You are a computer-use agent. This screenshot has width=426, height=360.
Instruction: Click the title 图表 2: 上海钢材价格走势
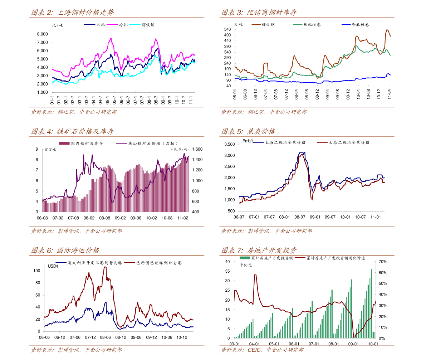[x=73, y=13]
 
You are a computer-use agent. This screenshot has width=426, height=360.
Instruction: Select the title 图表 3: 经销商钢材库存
[x=259, y=13]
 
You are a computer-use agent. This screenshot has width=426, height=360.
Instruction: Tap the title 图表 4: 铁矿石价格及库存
[x=73, y=131]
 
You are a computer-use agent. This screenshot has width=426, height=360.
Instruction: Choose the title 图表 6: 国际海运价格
[x=65, y=250]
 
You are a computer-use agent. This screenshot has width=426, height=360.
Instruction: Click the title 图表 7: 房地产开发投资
[x=259, y=250]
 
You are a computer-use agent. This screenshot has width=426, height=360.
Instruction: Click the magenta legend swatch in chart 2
[x=112, y=24]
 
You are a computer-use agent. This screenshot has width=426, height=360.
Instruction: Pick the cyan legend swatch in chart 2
[x=135, y=24]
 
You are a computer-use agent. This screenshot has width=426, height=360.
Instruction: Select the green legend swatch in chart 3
[x=298, y=24]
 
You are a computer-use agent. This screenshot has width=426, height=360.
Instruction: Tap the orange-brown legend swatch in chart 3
[x=256, y=24]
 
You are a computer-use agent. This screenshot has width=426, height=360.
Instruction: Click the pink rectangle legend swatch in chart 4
[x=64, y=143]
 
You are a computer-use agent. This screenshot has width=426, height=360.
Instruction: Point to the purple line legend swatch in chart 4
[x=122, y=143]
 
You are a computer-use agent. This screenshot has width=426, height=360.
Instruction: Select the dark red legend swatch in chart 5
[x=322, y=142]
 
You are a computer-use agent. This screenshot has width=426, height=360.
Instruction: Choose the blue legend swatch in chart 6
[x=61, y=262]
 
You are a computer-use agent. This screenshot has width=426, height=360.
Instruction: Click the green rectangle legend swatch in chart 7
[x=245, y=258]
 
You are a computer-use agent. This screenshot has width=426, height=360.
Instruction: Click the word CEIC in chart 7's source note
[x=254, y=350]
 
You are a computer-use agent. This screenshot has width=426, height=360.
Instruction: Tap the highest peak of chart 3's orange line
[x=387, y=30]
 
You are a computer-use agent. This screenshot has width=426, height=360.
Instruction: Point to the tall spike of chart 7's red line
[x=255, y=275]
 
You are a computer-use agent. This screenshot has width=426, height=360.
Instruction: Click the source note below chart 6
[x=76, y=350]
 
